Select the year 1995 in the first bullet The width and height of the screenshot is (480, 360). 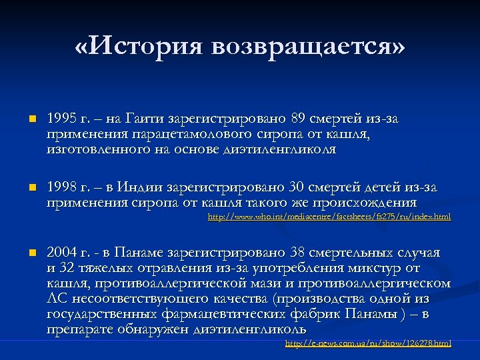point(62,119)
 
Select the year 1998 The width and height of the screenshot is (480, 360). point(62,187)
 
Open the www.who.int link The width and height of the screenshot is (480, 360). point(329,217)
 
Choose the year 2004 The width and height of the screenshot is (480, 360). point(62,253)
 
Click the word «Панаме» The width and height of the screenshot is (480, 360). point(141,253)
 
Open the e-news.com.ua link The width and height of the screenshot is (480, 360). point(367,343)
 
